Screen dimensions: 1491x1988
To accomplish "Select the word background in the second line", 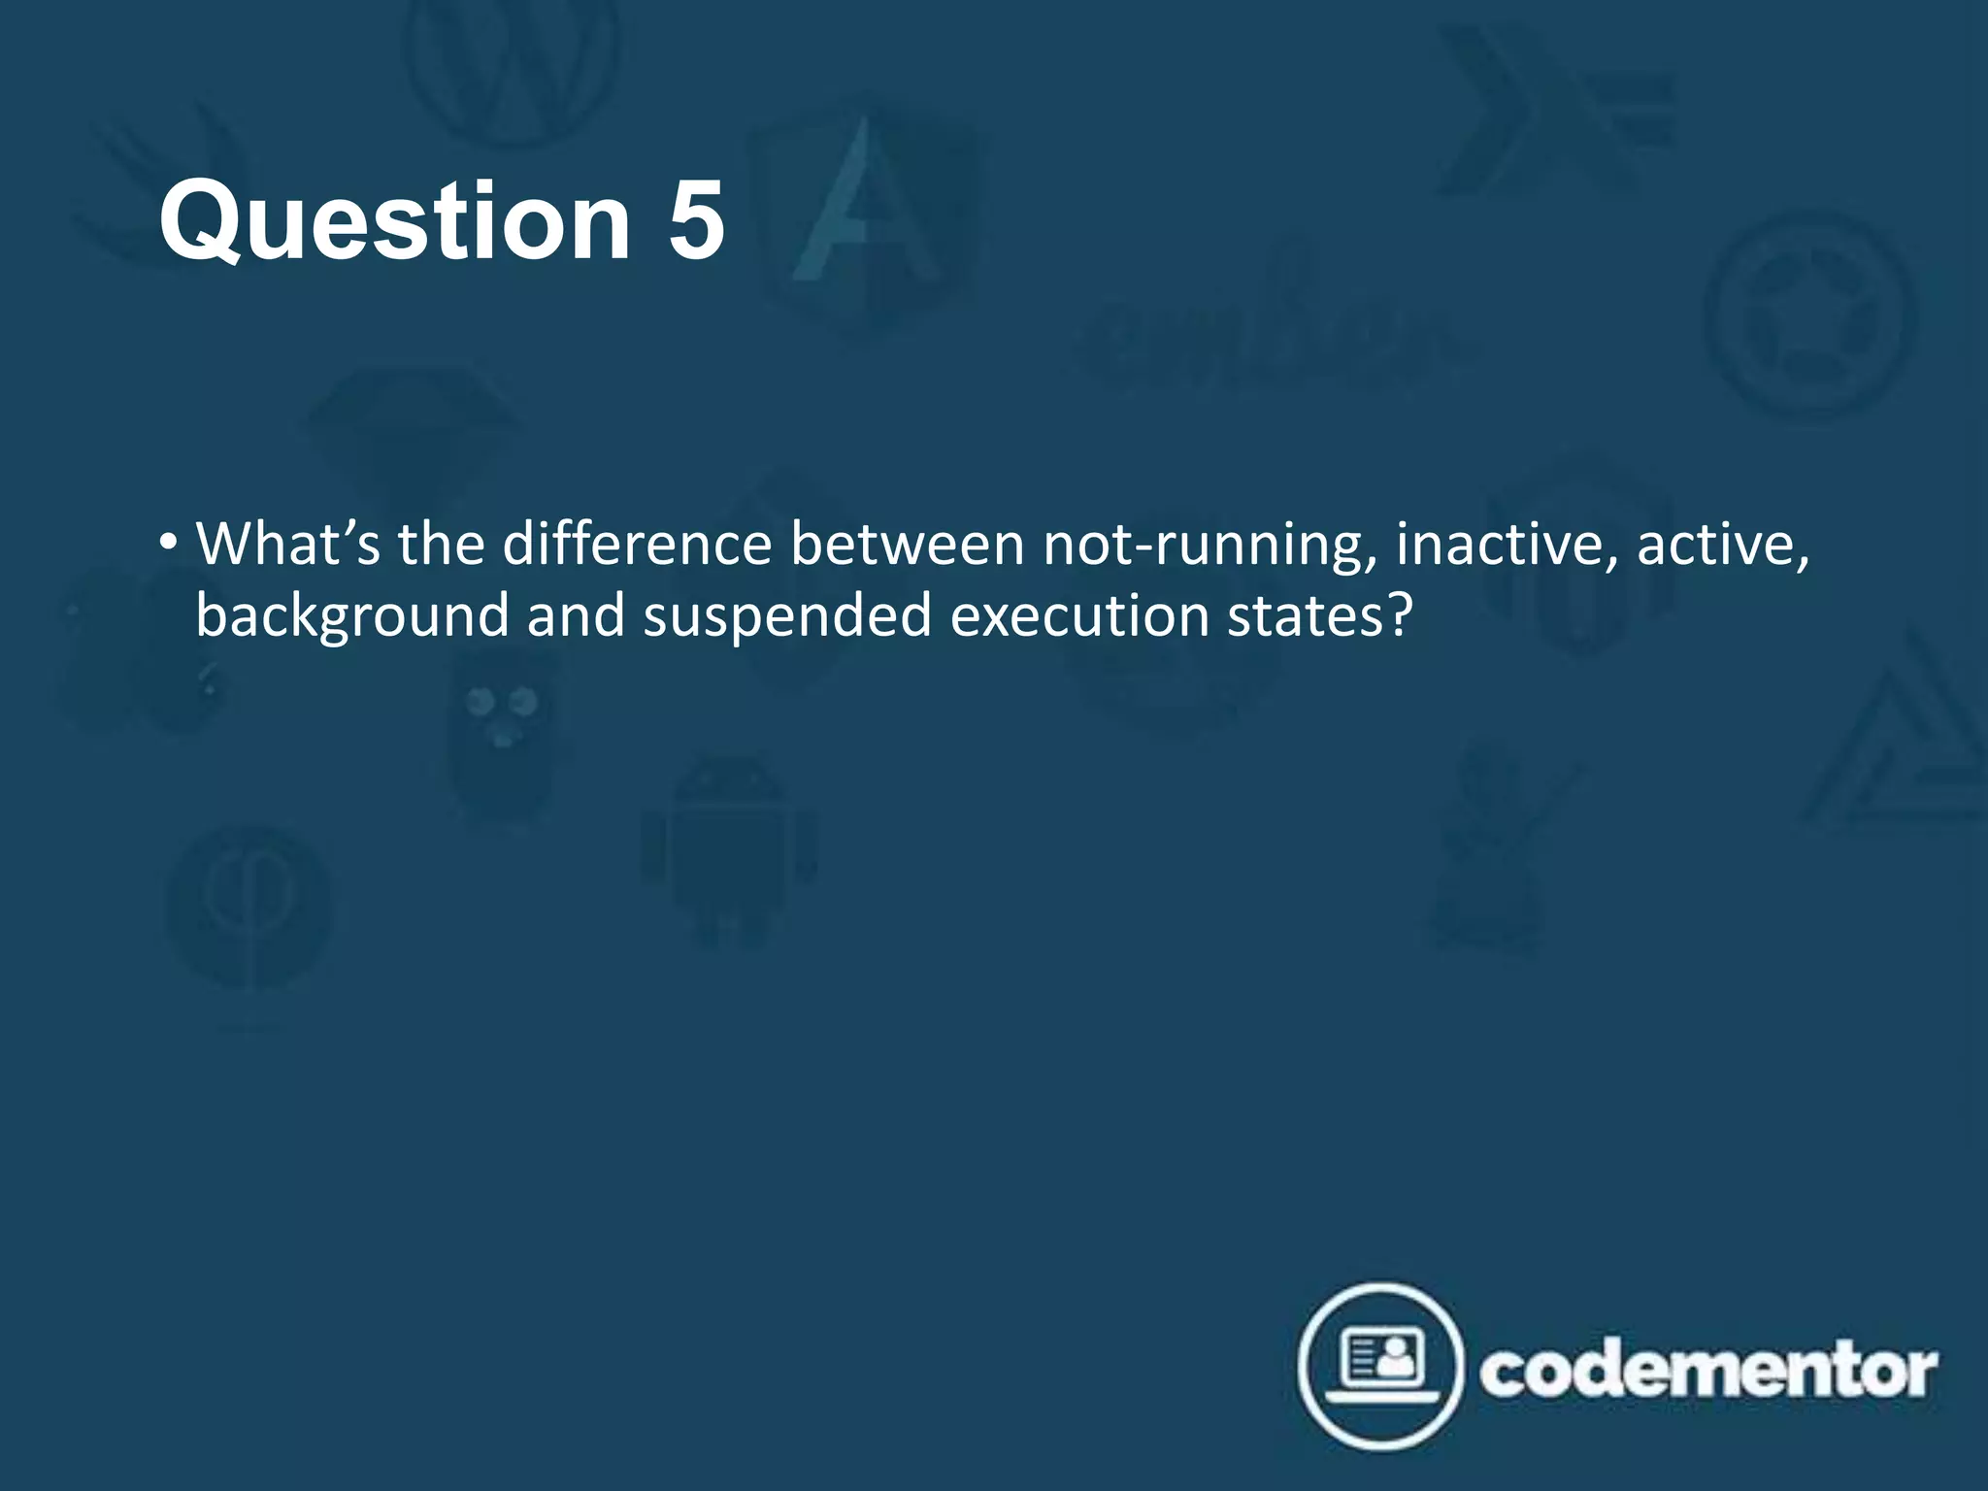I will [x=351, y=617].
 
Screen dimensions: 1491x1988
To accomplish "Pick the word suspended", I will [x=786, y=617].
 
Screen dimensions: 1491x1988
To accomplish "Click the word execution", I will [x=1078, y=615].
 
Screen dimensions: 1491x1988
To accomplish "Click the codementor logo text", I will [x=1708, y=1371].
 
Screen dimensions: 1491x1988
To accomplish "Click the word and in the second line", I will [x=576, y=615].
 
